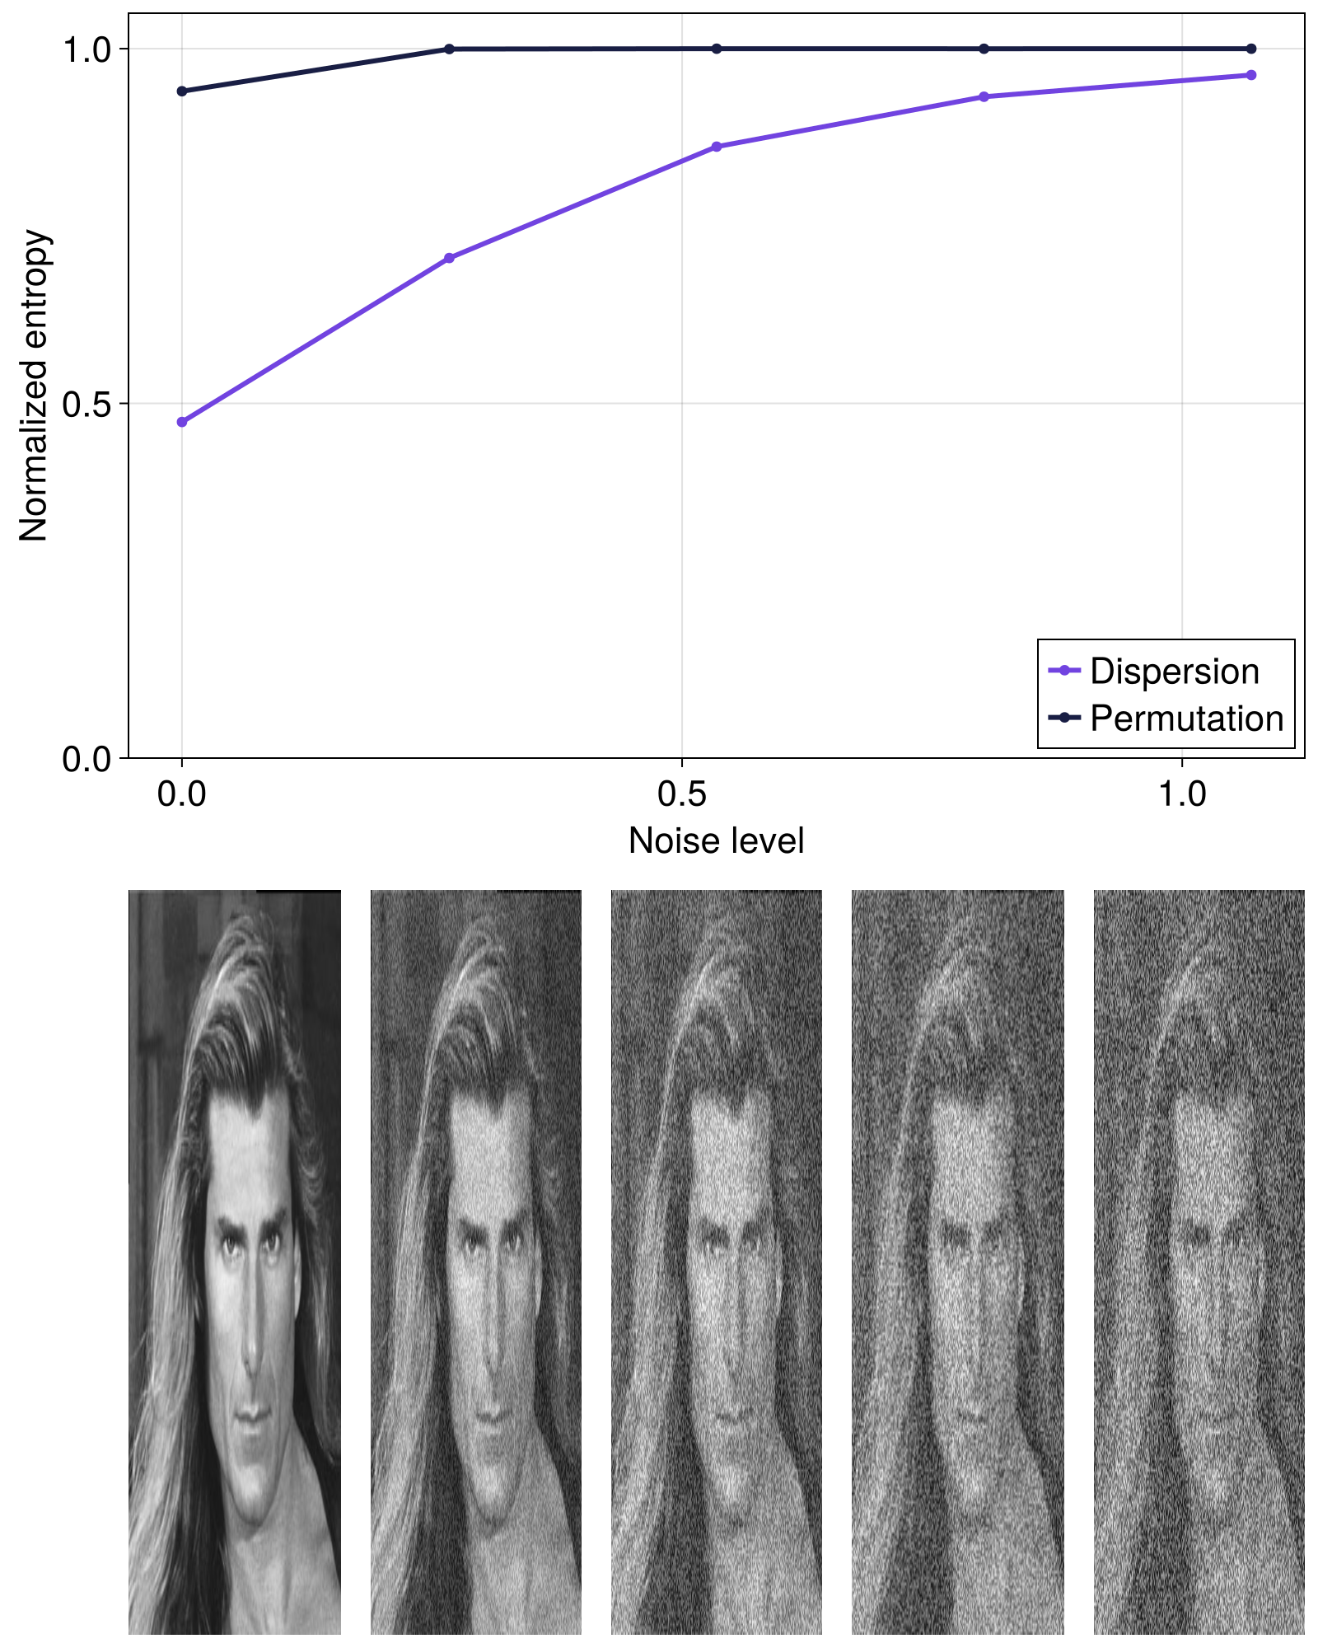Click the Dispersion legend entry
pos(1173,672)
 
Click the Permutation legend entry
pos(1186,719)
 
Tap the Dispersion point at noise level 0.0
pos(182,422)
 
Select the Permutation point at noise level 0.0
pos(182,91)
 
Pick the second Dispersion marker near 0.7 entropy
pos(449,258)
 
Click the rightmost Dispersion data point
pos(1251,75)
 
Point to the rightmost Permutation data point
pos(1251,49)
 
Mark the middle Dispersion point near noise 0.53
pos(717,147)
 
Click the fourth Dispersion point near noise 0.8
pos(984,96)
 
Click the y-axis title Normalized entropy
pos(34,386)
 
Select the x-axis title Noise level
pos(716,840)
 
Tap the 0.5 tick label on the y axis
pos(86,405)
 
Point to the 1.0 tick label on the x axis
pos(1182,794)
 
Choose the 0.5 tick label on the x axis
pos(682,794)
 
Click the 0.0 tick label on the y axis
pos(86,759)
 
